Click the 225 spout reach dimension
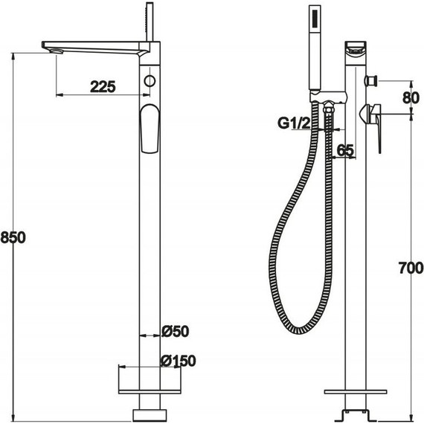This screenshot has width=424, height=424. point(103,87)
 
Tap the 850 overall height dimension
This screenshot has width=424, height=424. point(13,237)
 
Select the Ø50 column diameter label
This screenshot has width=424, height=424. point(176,331)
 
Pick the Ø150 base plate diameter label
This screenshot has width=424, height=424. point(179,361)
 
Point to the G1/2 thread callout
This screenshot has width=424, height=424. point(295,123)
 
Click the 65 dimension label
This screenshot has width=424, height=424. point(346,150)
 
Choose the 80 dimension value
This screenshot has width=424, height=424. point(411,98)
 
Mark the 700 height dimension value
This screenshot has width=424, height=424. point(411,268)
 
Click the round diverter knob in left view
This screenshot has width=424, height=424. point(150,81)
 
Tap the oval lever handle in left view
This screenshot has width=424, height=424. point(150,129)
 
